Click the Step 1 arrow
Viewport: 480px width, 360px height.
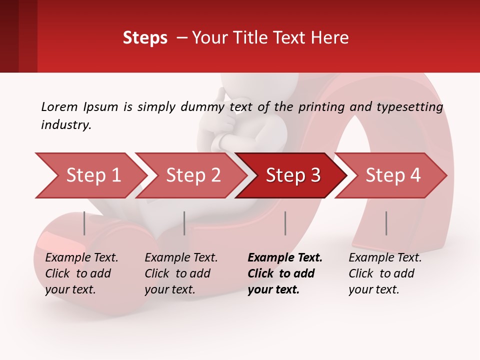tap(90, 175)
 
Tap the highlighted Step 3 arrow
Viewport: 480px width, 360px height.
tap(291, 175)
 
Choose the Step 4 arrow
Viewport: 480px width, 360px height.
tap(391, 175)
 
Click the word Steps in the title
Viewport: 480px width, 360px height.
tap(145, 37)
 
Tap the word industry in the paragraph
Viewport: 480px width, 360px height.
tap(65, 124)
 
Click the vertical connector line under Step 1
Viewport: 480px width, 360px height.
tap(84, 223)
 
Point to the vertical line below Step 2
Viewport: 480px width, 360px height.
tap(184, 223)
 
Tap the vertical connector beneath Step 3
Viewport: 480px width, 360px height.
tap(285, 223)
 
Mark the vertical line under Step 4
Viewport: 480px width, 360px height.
tap(386, 223)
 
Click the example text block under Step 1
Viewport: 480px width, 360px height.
tap(81, 273)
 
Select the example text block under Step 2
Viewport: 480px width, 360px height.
tap(181, 273)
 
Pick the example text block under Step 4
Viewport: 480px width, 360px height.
tap(385, 273)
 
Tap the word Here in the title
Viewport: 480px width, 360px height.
tap(330, 37)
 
